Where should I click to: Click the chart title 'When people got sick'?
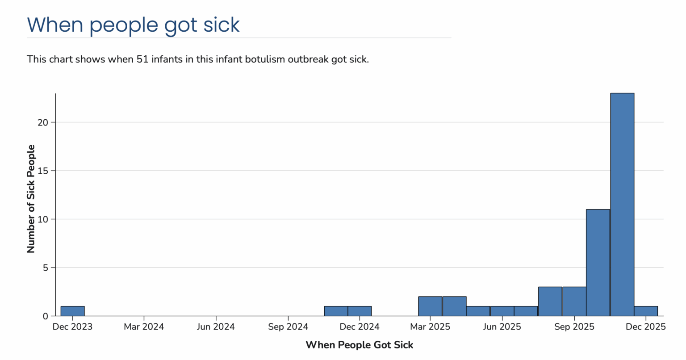[x=133, y=25]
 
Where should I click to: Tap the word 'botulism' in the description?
[x=265, y=59]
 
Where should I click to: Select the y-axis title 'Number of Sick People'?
[x=31, y=199]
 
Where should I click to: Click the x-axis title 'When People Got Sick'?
[x=359, y=345]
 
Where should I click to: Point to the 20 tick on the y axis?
[x=43, y=122]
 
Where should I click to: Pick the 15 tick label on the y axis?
[x=43, y=171]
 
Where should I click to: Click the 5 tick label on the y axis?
[x=45, y=268]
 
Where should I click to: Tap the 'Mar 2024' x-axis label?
[x=144, y=327]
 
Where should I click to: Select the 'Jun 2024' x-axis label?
[x=216, y=327]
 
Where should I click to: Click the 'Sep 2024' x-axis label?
[x=288, y=327]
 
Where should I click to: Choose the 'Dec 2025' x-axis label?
[x=645, y=327]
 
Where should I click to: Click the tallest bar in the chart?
[x=622, y=204]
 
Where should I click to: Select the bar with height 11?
[x=598, y=263]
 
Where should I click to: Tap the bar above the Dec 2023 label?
[x=72, y=311]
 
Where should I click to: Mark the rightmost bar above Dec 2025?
[x=646, y=311]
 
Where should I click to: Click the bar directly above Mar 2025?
[x=430, y=306]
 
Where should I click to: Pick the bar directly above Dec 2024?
[x=360, y=311]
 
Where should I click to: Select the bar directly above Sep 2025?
[x=574, y=301]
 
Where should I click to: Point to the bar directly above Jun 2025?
[x=502, y=311]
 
